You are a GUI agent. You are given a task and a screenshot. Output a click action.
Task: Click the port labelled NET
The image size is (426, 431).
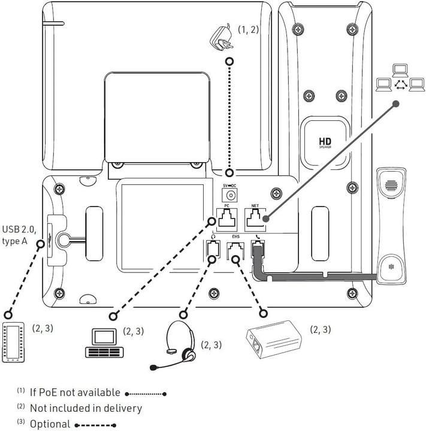tap(255, 220)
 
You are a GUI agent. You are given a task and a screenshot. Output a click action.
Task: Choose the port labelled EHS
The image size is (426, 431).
tap(236, 251)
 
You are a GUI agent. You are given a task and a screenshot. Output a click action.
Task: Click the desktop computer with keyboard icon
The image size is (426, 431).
tap(101, 344)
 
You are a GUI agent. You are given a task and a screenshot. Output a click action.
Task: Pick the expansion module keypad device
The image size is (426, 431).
tap(13, 342)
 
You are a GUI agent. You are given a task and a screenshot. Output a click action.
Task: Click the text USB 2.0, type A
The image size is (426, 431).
tap(20, 234)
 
